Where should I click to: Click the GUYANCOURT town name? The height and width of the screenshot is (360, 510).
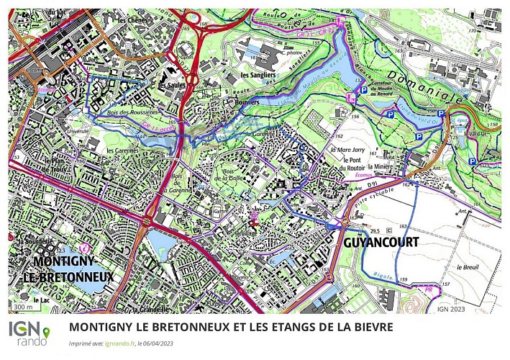click(x=377, y=243)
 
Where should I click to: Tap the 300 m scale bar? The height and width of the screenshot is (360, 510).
click(x=22, y=307)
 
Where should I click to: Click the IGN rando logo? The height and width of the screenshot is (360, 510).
click(x=29, y=333)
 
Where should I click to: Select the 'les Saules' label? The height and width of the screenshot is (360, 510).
click(x=172, y=85)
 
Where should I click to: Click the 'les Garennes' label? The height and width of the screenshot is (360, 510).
click(x=122, y=150)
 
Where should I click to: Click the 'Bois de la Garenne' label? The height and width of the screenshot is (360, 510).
click(x=176, y=183)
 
